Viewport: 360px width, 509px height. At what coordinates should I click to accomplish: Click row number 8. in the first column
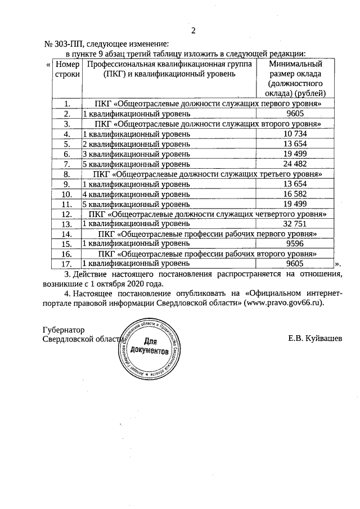[67, 174]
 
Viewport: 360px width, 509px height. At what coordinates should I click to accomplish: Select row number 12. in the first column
[67, 214]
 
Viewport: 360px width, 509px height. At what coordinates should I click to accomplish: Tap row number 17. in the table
[67, 263]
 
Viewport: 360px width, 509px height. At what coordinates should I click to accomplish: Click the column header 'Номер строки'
[67, 70]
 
